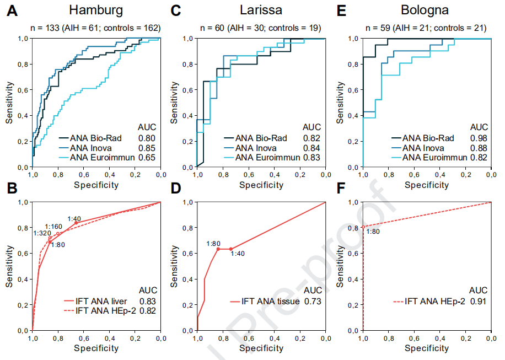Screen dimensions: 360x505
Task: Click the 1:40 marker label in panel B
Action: [x=74, y=218]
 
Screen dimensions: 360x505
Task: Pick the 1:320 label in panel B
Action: [x=42, y=233]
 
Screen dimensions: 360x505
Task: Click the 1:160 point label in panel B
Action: [x=53, y=227]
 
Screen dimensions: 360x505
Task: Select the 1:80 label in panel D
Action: [x=213, y=243]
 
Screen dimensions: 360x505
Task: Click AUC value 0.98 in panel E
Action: [x=479, y=138]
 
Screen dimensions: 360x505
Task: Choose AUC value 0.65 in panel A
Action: [x=147, y=158]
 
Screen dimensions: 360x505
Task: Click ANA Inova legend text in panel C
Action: [x=256, y=148]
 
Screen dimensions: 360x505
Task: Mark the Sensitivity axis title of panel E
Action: [x=341, y=103]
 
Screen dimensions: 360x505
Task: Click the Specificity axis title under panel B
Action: [x=96, y=348]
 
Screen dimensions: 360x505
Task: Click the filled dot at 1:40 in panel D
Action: [x=231, y=249]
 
